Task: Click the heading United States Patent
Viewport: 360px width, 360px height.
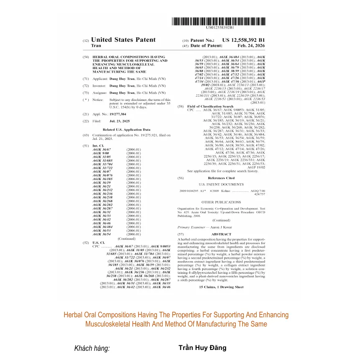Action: (x=123, y=40)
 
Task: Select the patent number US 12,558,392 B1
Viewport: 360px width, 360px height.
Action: (x=243, y=40)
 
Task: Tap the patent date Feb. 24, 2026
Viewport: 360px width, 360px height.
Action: (x=251, y=46)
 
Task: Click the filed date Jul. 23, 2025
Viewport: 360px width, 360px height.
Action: (x=118, y=121)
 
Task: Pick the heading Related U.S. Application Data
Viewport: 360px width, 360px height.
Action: (x=126, y=130)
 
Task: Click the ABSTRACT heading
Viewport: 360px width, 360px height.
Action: (x=221, y=234)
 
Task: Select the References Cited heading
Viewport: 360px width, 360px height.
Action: (x=221, y=178)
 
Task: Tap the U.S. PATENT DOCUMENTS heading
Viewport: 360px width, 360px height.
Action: (x=221, y=184)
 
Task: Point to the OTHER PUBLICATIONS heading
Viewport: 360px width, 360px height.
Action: (x=221, y=202)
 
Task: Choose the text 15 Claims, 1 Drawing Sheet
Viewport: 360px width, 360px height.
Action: (x=221, y=287)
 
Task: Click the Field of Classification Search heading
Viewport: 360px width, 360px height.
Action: (x=210, y=107)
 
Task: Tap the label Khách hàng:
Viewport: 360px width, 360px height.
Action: (x=92, y=348)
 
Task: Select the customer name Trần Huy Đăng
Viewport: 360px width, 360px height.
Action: (x=202, y=348)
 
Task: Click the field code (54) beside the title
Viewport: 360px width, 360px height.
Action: (x=86, y=57)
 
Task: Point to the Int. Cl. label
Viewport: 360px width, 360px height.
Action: (x=98, y=146)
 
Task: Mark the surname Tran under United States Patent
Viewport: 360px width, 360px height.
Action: (x=96, y=46)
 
